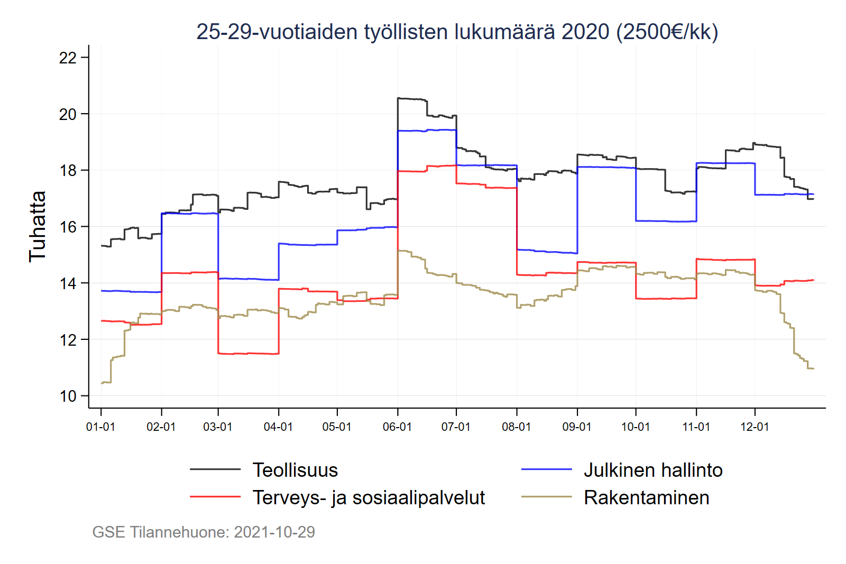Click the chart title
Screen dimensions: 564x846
point(457,32)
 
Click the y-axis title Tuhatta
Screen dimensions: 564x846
point(38,226)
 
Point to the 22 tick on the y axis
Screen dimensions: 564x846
point(68,58)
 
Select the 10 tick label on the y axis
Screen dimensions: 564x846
point(68,396)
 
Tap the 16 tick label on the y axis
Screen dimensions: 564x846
point(68,227)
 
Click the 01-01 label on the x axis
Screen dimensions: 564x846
point(100,427)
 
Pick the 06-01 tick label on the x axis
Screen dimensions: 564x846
point(397,427)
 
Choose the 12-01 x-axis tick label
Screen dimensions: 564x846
point(755,427)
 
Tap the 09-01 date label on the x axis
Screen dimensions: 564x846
point(577,427)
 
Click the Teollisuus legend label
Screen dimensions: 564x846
point(295,470)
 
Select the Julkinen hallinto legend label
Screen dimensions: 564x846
point(653,470)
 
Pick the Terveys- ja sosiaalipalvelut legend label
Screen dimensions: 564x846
point(369,497)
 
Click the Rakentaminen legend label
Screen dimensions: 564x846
point(646,497)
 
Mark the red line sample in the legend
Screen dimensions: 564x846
point(215,497)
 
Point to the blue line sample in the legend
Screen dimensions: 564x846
point(546,469)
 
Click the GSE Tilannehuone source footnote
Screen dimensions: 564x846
point(204,532)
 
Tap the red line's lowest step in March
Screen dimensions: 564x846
point(248,353)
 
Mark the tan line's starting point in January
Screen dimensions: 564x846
point(103,383)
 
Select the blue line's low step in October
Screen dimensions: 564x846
point(666,221)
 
